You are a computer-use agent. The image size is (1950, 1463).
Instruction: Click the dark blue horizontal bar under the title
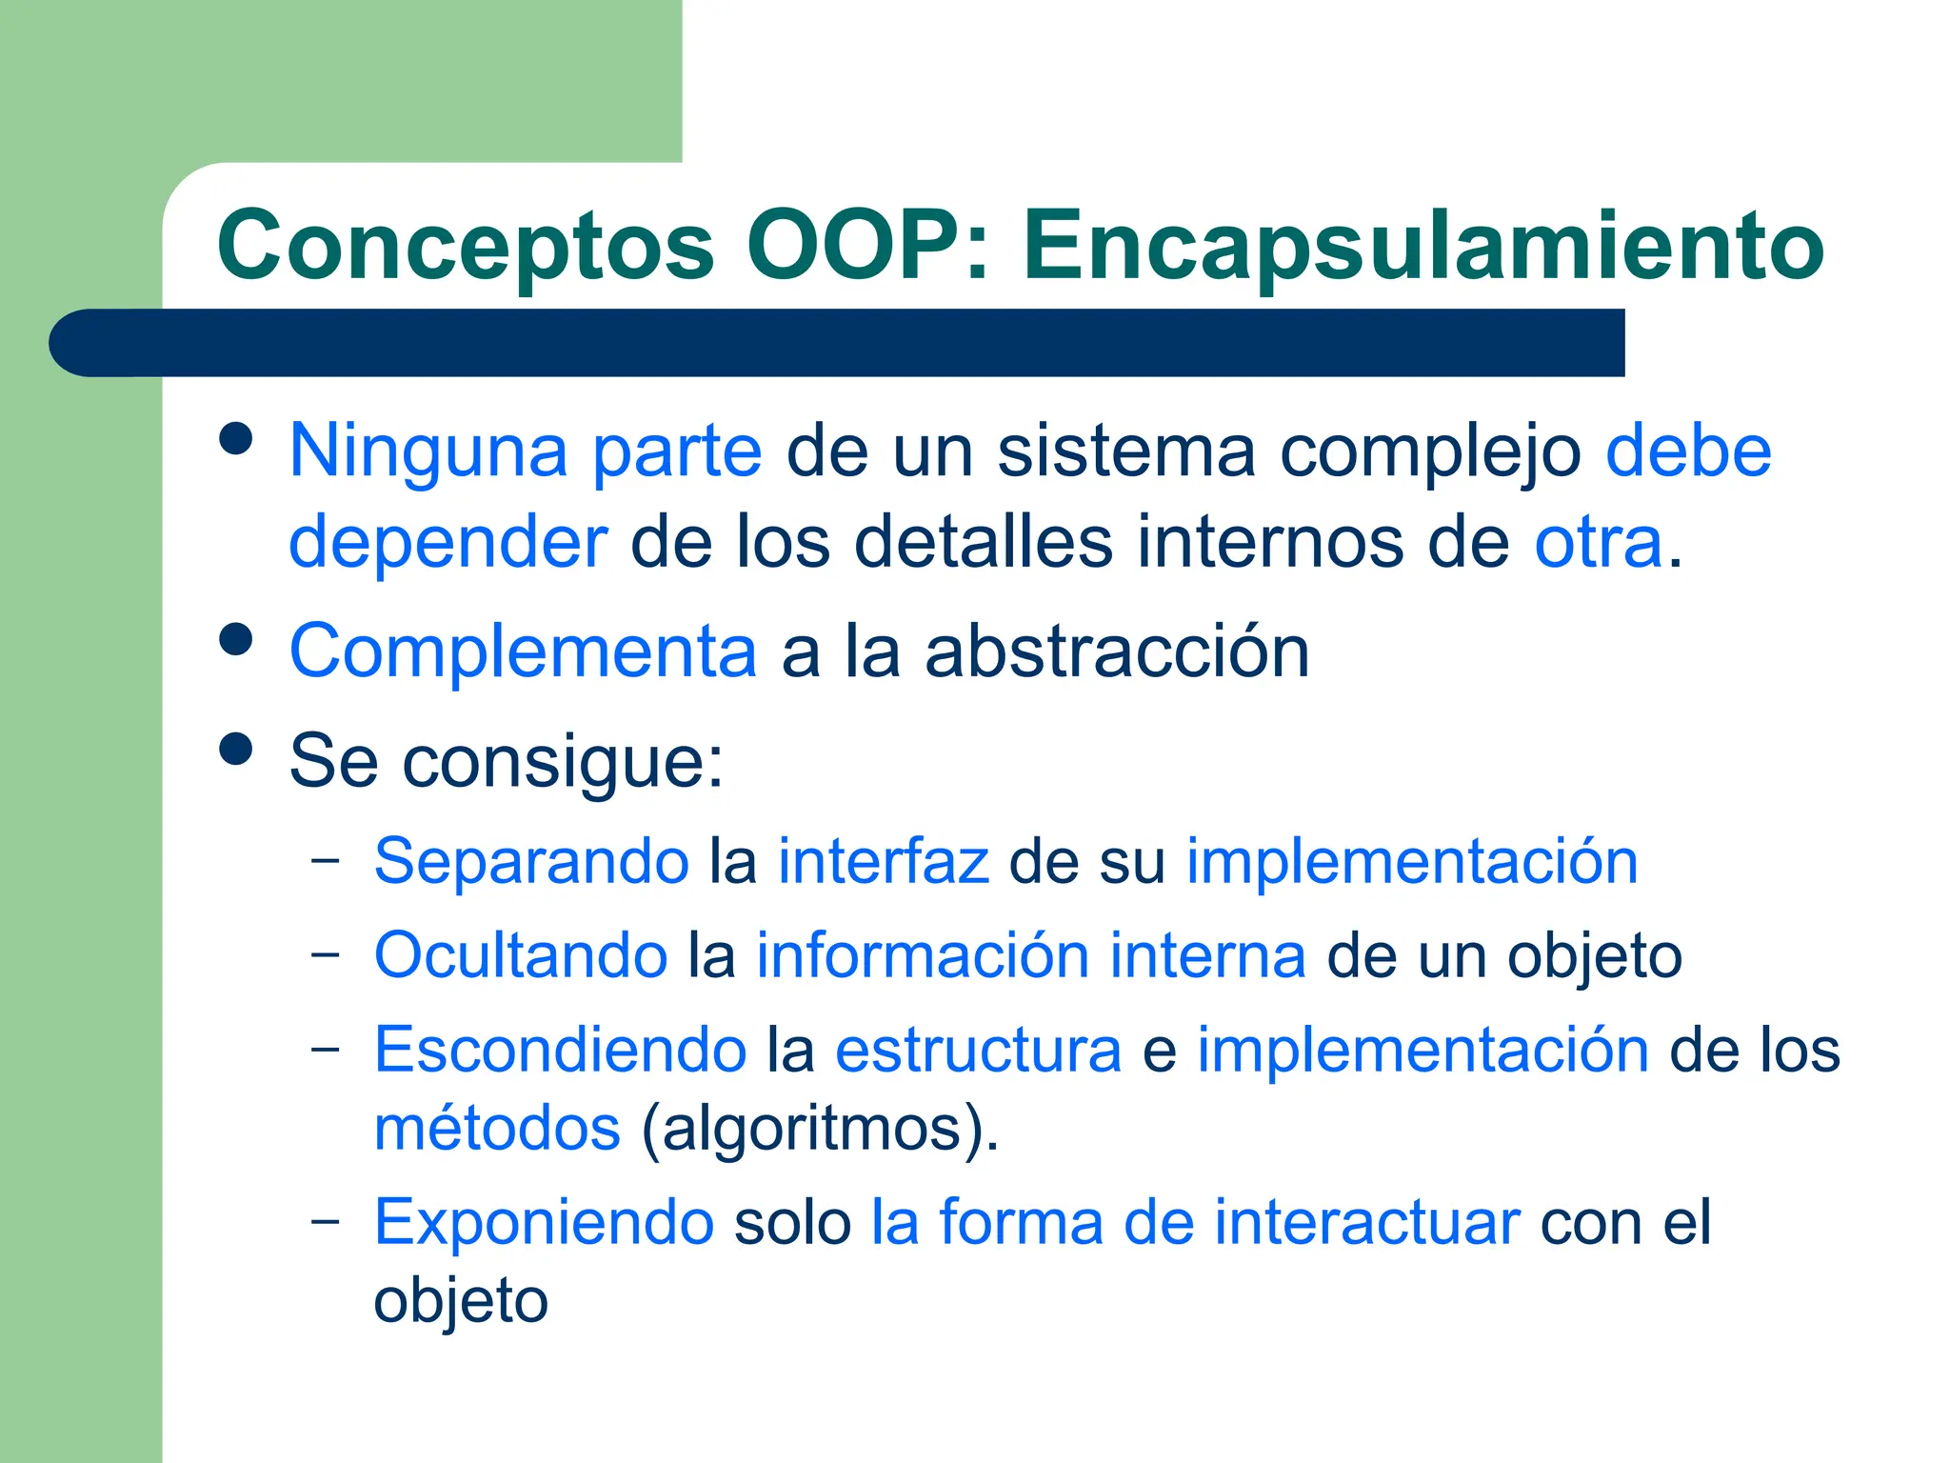click(836, 343)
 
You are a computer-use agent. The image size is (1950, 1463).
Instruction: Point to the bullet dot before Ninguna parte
click(235, 440)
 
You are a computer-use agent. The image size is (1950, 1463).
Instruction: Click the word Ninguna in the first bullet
click(428, 451)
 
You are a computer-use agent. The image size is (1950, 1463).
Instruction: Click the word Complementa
click(523, 651)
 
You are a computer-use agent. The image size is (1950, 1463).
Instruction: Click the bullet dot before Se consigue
click(235, 748)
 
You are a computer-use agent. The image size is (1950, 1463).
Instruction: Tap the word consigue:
click(563, 763)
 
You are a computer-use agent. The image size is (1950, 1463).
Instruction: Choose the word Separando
click(531, 862)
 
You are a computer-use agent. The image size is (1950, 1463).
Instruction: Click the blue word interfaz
click(884, 862)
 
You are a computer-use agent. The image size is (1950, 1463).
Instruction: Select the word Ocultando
click(521, 955)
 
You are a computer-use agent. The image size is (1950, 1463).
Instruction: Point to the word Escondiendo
click(560, 1051)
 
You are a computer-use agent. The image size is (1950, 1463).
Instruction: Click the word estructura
click(978, 1051)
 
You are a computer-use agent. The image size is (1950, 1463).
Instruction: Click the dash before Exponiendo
click(326, 1220)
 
